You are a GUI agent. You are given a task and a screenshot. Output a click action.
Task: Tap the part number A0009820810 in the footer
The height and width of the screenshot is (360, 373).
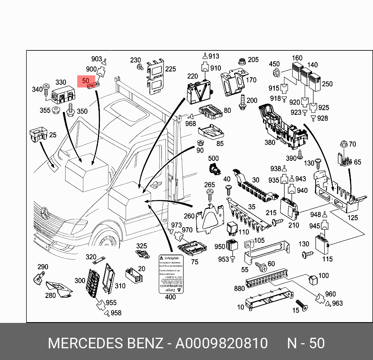(221, 343)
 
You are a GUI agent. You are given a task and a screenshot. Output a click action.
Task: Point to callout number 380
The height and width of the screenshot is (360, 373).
(270, 143)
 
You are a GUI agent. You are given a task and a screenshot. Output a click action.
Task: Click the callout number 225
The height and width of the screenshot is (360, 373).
(170, 69)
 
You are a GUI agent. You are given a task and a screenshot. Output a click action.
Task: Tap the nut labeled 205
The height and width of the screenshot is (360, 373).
(241, 61)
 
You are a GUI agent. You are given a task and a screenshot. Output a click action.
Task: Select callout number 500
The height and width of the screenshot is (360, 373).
(213, 159)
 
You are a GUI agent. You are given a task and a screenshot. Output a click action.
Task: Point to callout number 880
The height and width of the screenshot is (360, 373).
(239, 289)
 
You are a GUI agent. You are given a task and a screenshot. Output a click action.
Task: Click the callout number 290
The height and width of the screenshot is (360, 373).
(43, 267)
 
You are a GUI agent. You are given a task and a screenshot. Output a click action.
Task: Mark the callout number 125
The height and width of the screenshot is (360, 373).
(353, 217)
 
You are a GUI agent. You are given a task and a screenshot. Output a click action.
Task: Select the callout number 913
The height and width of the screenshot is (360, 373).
(214, 56)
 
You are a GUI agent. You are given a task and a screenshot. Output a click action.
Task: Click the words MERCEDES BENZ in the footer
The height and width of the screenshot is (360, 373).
(105, 343)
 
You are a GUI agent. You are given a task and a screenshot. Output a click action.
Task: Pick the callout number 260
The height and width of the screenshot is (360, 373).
(189, 216)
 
